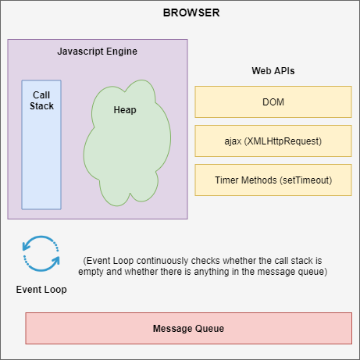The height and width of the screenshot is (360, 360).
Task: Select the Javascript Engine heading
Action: pyautogui.click(x=98, y=52)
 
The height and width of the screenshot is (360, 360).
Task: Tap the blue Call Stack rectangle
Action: pyautogui.click(x=41, y=156)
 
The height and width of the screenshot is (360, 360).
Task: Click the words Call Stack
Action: pyautogui.click(x=41, y=100)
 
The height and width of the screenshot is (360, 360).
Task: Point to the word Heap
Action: pyautogui.click(x=125, y=110)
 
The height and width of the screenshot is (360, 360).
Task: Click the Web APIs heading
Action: pyautogui.click(x=273, y=71)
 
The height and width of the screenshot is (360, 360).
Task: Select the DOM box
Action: pyautogui.click(x=273, y=102)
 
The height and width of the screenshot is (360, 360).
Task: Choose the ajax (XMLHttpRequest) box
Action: pyautogui.click(x=273, y=141)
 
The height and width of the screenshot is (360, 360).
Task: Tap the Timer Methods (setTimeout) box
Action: pyautogui.click(x=273, y=180)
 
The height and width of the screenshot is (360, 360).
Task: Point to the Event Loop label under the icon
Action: pyautogui.click(x=41, y=289)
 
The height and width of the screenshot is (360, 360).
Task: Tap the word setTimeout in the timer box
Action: pyautogui.click(x=305, y=180)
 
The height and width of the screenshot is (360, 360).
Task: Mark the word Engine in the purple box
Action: pyautogui.click(x=122, y=52)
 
